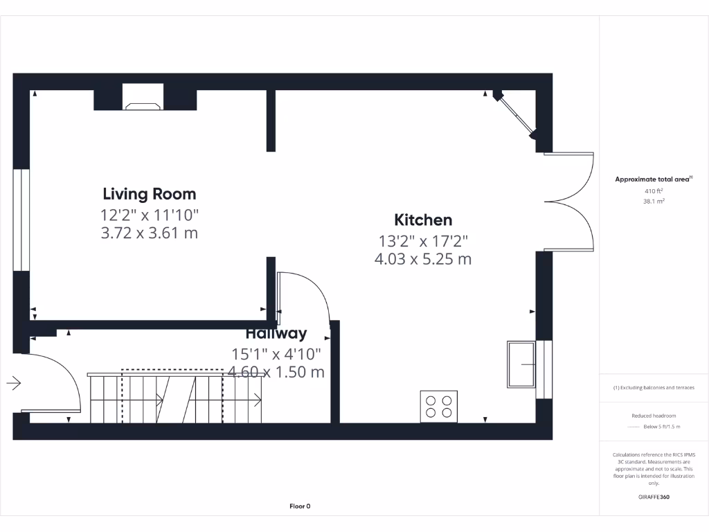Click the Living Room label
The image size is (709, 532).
(150, 194)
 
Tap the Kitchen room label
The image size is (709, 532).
(423, 220)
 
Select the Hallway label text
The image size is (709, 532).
(276, 334)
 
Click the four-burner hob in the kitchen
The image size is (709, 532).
(439, 407)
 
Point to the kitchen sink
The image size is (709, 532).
(521, 364)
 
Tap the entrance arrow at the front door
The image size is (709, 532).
(15, 382)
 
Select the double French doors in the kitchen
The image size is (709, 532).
(569, 202)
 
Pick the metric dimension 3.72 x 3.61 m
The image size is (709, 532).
(150, 233)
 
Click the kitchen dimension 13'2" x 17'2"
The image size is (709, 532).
(423, 241)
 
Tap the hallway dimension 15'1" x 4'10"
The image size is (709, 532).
(276, 354)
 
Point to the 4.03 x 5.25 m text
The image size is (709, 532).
(423, 260)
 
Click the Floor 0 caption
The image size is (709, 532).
(300, 506)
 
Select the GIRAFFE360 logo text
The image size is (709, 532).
(654, 497)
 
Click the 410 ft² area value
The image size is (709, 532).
(654, 190)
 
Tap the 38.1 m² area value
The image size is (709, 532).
(654, 202)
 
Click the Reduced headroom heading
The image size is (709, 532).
(654, 416)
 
